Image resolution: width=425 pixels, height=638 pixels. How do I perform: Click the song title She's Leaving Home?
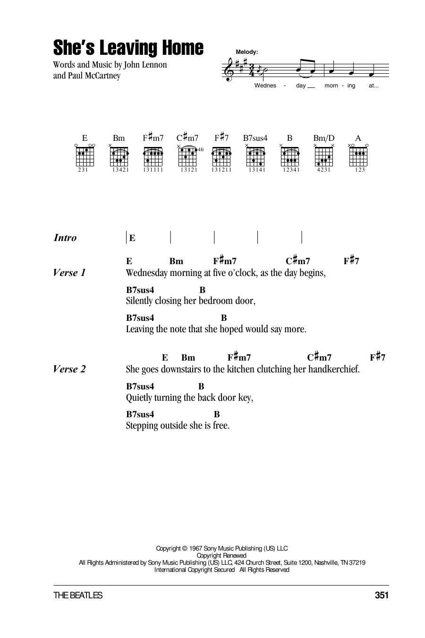(128, 48)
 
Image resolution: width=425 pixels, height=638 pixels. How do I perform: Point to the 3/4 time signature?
(251, 70)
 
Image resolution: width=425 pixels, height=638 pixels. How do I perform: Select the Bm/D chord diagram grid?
(324, 156)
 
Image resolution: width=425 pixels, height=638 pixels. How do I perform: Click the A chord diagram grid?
(358, 156)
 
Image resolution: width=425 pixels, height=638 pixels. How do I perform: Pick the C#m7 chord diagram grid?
(187, 156)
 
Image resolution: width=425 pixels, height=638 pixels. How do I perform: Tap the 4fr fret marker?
(201, 149)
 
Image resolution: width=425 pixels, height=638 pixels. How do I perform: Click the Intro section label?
(65, 238)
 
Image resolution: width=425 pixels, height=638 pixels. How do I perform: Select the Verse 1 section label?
(69, 273)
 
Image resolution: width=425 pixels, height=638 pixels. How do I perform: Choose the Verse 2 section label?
(69, 369)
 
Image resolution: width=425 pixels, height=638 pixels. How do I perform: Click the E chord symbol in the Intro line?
(132, 238)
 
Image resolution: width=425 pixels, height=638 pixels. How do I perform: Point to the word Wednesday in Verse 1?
(146, 273)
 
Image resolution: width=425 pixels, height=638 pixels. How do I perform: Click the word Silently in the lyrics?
(139, 301)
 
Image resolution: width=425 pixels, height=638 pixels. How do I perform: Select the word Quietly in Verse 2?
(139, 397)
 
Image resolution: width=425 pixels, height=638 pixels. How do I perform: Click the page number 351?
(382, 595)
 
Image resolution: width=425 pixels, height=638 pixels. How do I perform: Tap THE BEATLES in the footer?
(78, 595)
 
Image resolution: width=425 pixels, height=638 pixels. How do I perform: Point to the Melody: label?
(247, 52)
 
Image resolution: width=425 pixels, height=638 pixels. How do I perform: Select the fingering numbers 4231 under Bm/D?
(324, 170)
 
